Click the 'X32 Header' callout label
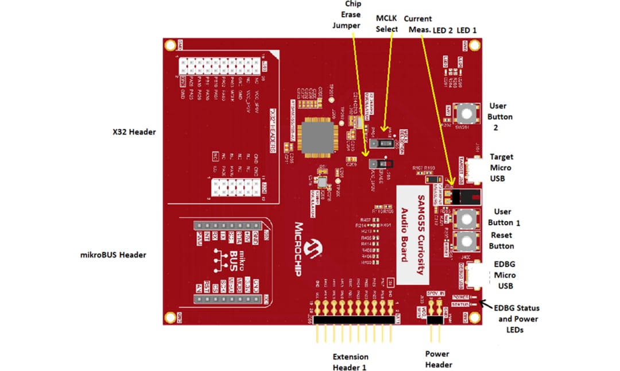tap(134, 132)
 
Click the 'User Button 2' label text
tap(501, 117)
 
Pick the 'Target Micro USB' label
tap(501, 168)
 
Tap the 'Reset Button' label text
tap(501, 241)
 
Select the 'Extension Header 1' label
tap(351, 362)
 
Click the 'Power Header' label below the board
tap(438, 359)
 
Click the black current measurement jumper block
tap(464, 198)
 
